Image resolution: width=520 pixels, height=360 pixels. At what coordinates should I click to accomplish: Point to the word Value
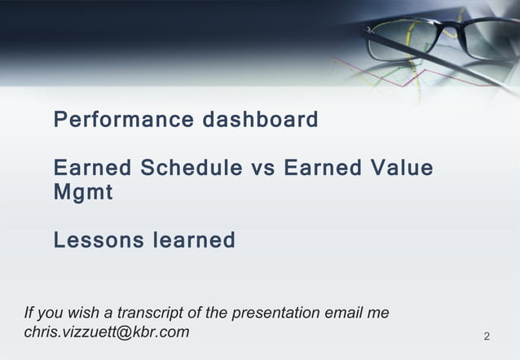[x=401, y=169]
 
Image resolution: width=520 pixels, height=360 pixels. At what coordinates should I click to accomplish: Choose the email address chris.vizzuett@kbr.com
[x=107, y=331]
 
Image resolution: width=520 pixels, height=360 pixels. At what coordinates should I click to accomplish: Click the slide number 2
[x=487, y=336]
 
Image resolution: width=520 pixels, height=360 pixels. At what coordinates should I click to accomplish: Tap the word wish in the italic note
[x=84, y=313]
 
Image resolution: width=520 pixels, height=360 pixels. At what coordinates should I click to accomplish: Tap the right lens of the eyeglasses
[x=493, y=37]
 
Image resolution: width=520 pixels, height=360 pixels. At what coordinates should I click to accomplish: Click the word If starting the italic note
[x=29, y=313]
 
